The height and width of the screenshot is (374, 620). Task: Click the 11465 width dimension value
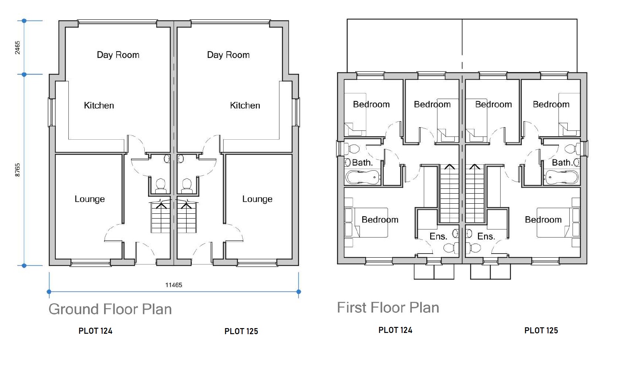174,285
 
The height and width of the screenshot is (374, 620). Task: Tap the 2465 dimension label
18,48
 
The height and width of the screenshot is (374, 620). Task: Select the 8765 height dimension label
18,170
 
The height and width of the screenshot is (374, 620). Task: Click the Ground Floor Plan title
110,309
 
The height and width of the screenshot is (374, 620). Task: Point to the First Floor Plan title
388,308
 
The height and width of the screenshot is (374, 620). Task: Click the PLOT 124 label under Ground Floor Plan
95,331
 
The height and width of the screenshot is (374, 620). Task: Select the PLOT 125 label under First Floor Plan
541,331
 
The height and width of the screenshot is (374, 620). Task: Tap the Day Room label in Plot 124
118,55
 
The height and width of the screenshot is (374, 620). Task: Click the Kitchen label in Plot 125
245,105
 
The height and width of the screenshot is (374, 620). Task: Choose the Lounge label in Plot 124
90,199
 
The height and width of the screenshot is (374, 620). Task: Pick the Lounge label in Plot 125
257,199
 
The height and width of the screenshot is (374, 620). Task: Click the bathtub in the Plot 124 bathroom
363,177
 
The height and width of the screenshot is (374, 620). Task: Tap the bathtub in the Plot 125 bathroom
562,177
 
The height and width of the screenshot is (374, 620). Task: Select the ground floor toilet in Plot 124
161,185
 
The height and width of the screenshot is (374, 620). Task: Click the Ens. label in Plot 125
486,236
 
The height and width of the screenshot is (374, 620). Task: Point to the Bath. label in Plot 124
362,163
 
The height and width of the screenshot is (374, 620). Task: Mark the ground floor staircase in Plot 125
186,217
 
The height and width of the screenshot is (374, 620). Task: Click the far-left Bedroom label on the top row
371,105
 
